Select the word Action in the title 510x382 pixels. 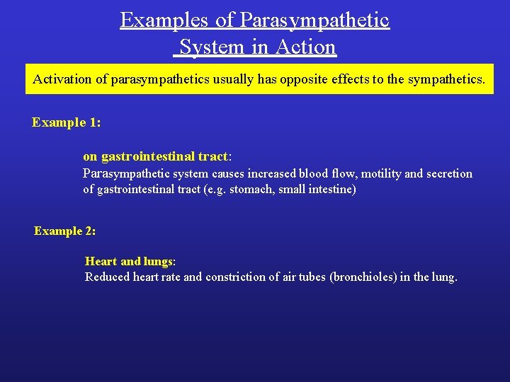point(307,47)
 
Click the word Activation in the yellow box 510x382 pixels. point(62,79)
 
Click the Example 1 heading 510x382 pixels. point(66,122)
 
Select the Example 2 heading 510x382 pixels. point(64,231)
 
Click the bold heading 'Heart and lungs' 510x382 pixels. point(128,262)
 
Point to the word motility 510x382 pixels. point(383,174)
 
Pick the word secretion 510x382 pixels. point(448,174)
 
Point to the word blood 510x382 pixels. point(314,174)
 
